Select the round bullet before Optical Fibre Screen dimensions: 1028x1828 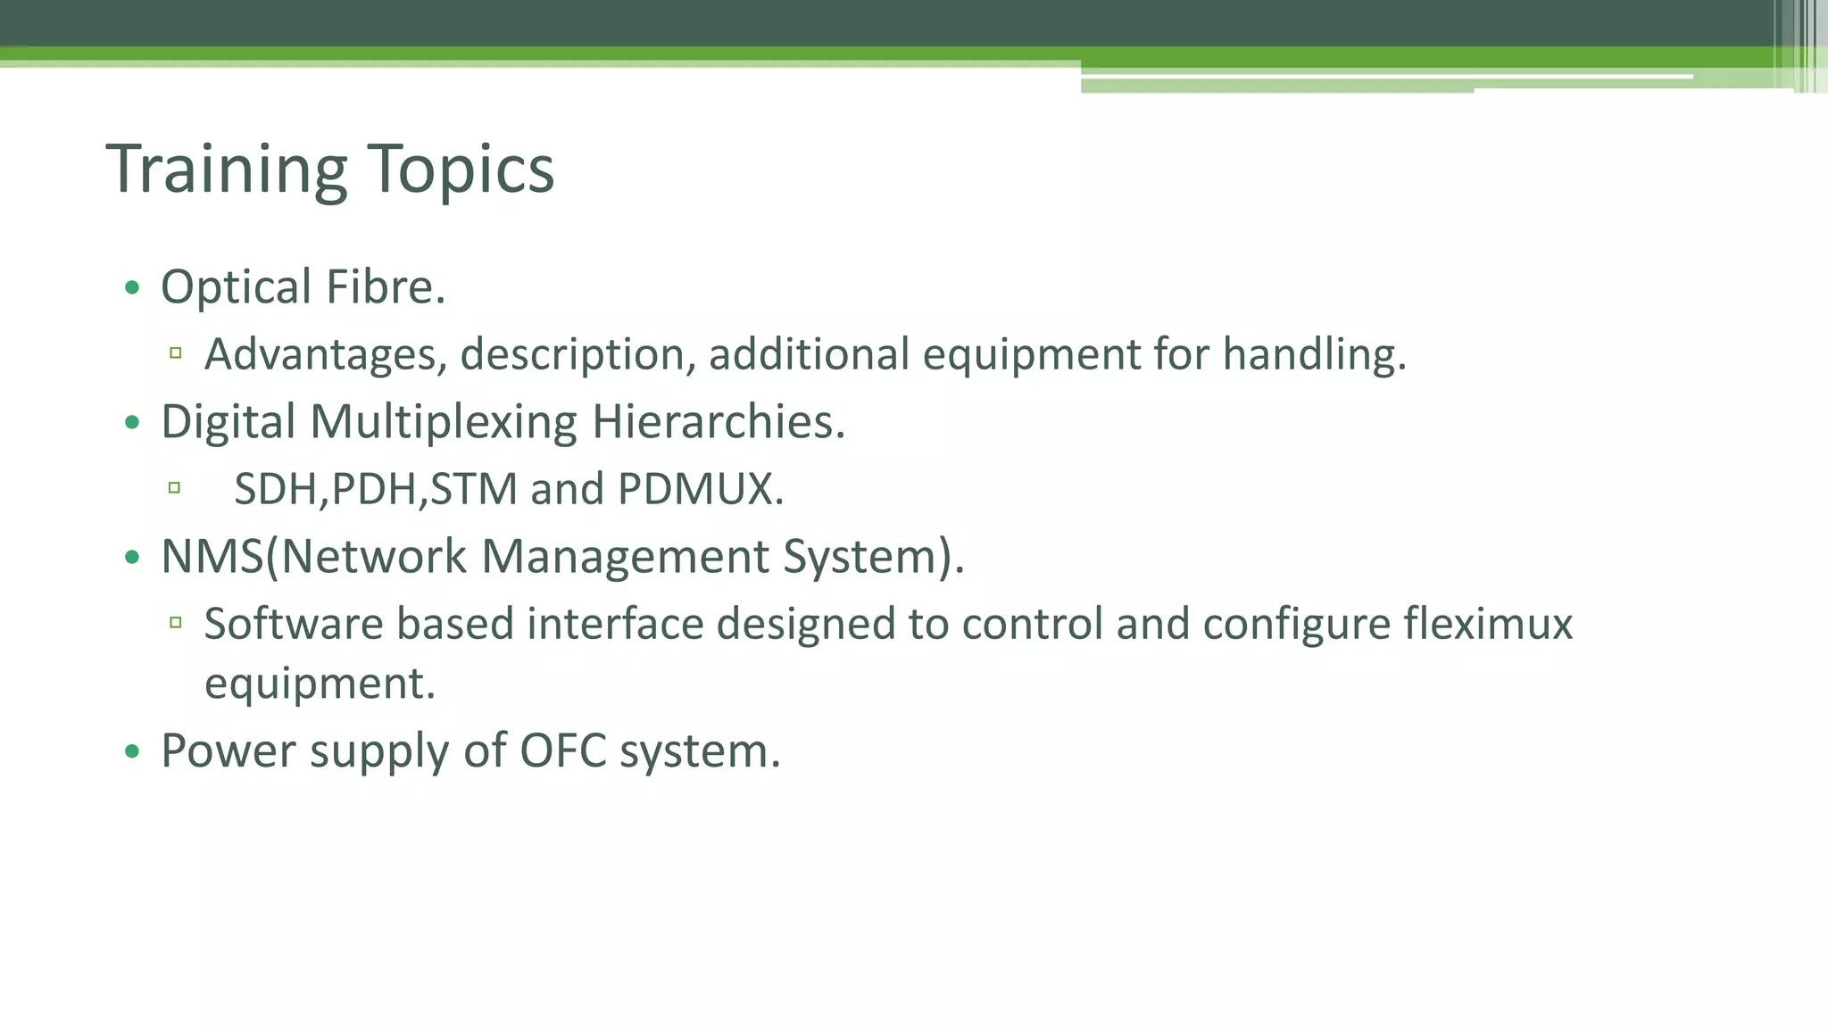pyautogui.click(x=133, y=287)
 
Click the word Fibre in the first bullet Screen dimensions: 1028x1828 pyautogui.click(x=385, y=287)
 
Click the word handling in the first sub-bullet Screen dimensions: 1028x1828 pyautogui.click(x=1313, y=354)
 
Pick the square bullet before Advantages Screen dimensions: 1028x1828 pyautogui.click(x=176, y=353)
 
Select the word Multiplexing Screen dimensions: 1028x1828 pyautogui.click(x=444, y=422)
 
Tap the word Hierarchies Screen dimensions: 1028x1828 pyautogui.click(x=718, y=422)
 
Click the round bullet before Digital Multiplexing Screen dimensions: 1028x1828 pyautogui.click(x=133, y=422)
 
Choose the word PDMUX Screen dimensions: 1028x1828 pyautogui.click(x=700, y=489)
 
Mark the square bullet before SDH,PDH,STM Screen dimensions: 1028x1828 pyautogui.click(x=174, y=487)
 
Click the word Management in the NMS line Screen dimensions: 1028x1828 pyautogui.click(x=625, y=557)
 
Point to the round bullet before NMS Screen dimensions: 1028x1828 pyautogui.click(x=133, y=558)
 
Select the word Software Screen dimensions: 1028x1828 pyautogui.click(x=294, y=624)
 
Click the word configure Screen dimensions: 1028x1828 pyautogui.click(x=1296, y=624)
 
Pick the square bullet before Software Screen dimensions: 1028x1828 pyautogui.click(x=176, y=622)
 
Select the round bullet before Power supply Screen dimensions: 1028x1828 pyautogui.click(x=133, y=751)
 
